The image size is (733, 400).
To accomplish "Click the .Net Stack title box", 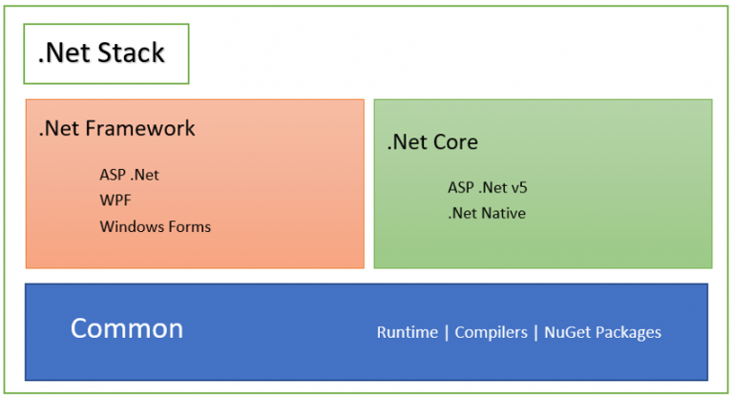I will (x=106, y=53).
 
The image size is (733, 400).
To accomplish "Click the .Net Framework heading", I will (x=116, y=128).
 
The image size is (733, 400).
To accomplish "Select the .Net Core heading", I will (x=432, y=143).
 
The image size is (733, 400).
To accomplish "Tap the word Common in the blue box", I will (x=127, y=329).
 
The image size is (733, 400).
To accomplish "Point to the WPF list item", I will (x=115, y=200).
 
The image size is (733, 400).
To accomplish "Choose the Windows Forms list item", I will (x=155, y=226).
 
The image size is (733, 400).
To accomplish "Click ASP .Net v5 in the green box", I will (x=487, y=187).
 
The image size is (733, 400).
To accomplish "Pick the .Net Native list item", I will (x=486, y=212).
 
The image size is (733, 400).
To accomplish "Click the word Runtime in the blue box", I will (x=407, y=332).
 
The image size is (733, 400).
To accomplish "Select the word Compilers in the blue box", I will (x=491, y=332).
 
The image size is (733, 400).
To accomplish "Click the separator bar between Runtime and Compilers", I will (x=447, y=332).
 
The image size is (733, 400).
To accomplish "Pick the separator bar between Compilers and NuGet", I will (x=535, y=332).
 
